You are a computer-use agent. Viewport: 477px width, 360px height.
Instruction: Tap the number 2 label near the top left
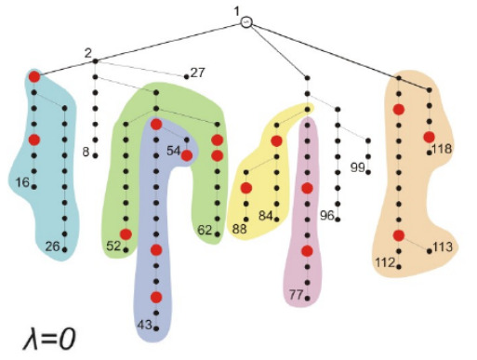(86, 53)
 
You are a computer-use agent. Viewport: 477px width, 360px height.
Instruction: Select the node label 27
(198, 72)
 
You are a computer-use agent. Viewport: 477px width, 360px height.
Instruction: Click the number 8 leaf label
(86, 151)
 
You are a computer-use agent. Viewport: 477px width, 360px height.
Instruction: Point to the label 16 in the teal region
(22, 182)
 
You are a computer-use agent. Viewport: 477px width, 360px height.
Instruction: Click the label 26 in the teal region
(52, 246)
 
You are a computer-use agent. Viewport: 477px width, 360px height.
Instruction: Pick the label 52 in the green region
(114, 246)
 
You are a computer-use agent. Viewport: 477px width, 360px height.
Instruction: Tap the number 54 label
(174, 150)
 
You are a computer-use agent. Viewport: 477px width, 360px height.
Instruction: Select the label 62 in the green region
(205, 228)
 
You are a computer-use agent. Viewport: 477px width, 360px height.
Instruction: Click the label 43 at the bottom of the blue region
(145, 325)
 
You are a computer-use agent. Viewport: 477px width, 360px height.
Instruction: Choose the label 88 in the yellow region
(240, 229)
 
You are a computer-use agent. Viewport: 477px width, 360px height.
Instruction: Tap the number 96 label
(327, 215)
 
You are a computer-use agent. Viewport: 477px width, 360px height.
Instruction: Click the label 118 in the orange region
(442, 149)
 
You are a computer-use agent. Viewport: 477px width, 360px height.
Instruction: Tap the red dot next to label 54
(187, 155)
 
